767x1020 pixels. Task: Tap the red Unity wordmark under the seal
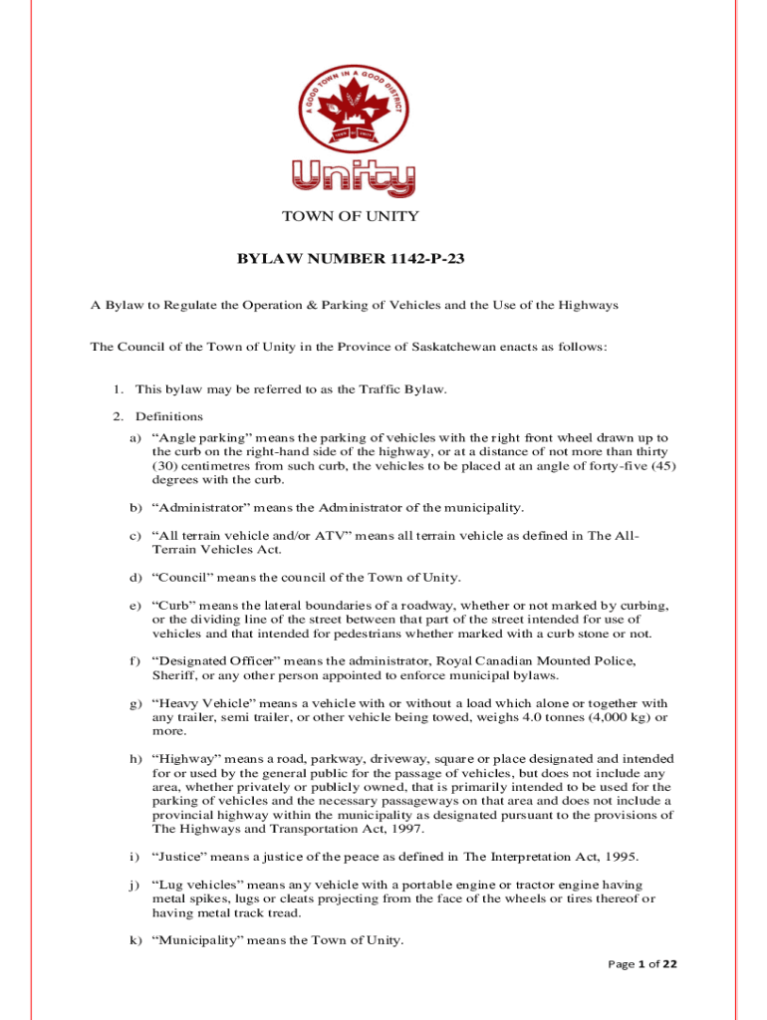[354, 178]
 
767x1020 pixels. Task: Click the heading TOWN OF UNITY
[351, 216]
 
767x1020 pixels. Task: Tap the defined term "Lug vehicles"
[196, 885]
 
